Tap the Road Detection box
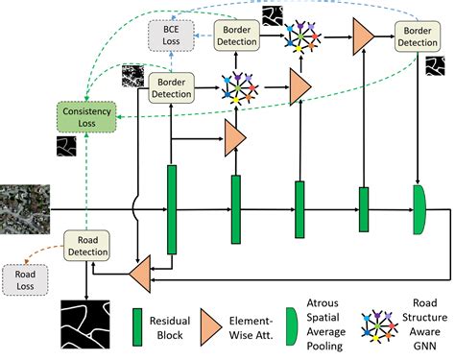click(x=87, y=246)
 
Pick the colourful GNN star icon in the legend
click(x=378, y=326)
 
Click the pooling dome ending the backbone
click(x=419, y=209)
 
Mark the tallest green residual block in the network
click(x=173, y=209)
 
